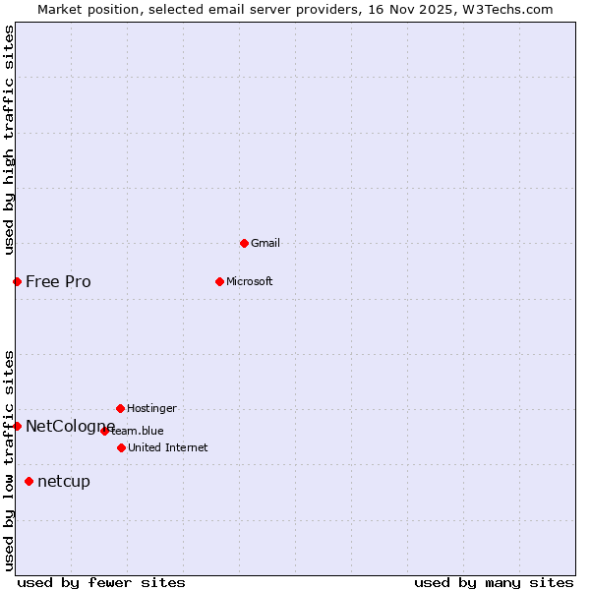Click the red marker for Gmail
click(x=244, y=243)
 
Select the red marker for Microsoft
click(x=219, y=281)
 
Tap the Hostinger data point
click(x=120, y=408)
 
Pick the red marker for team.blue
click(x=104, y=431)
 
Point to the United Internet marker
click(x=121, y=447)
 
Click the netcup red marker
click(x=29, y=481)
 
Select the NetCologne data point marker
click(x=17, y=426)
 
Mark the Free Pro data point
click(x=17, y=281)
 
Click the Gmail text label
click(x=265, y=243)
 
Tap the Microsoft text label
click(x=250, y=281)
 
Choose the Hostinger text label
click(x=151, y=408)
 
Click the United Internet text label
click(x=168, y=447)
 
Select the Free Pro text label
click(x=58, y=282)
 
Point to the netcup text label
click(x=64, y=481)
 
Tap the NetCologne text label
click(x=70, y=426)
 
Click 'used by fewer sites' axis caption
click(x=101, y=582)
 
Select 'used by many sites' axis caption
click(x=494, y=582)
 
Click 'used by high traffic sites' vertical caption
click(x=9, y=140)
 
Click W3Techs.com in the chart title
click(x=506, y=9)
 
